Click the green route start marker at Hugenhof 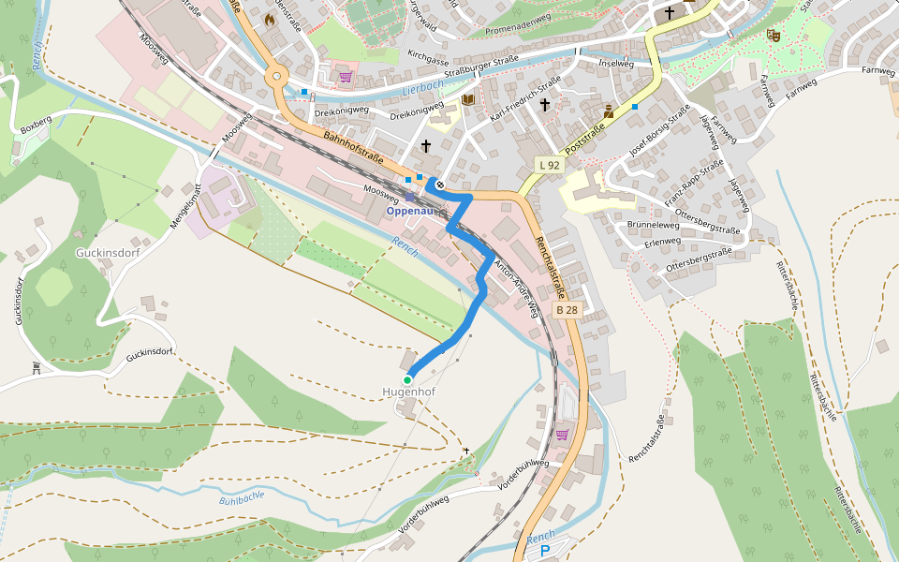pyautogui.click(x=407, y=379)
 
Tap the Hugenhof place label pyautogui.click(x=408, y=392)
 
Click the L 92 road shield pyautogui.click(x=549, y=165)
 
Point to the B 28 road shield pyautogui.click(x=567, y=309)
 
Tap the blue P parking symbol pyautogui.click(x=546, y=552)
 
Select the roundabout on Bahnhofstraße pyautogui.click(x=276, y=77)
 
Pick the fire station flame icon pyautogui.click(x=270, y=18)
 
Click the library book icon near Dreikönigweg pyautogui.click(x=468, y=99)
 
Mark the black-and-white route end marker pyautogui.click(x=439, y=185)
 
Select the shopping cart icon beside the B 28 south pyautogui.click(x=562, y=434)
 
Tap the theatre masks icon pyautogui.click(x=774, y=35)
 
